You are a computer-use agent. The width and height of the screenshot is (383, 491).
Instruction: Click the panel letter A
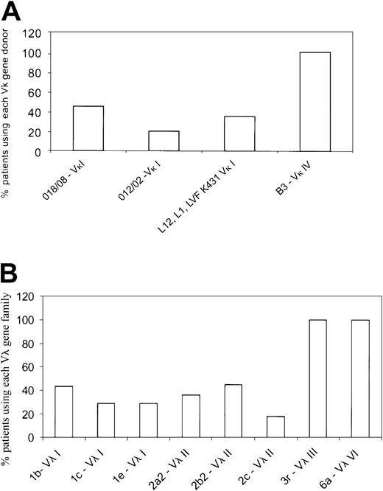coord(13,11)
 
